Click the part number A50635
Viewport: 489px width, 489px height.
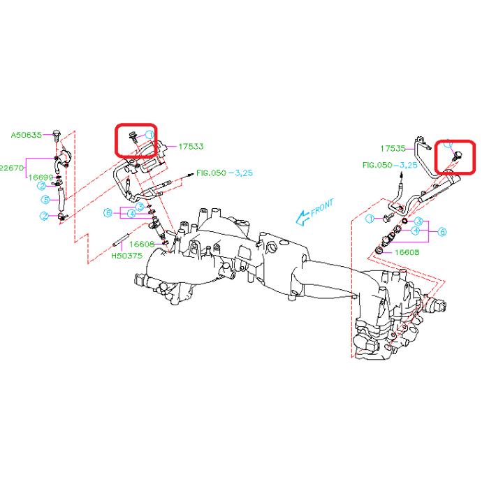pos(26,133)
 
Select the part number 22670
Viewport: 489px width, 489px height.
pos(10,168)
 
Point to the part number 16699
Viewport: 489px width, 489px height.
pos(40,178)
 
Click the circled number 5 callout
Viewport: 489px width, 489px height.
pos(45,200)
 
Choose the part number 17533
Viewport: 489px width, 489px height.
pos(191,147)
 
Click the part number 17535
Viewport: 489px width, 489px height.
pos(393,149)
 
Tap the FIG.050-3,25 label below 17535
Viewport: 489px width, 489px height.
pos(390,166)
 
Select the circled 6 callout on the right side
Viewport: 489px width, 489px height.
pos(442,231)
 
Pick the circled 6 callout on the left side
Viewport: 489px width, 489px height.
pos(108,212)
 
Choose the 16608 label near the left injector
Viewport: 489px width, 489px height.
pos(142,244)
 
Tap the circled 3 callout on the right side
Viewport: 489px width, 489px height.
pos(418,221)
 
